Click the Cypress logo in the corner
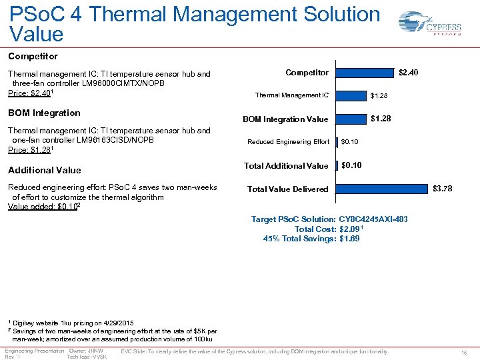(x=429, y=26)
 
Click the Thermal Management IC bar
(x=353, y=95)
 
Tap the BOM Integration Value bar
(x=353, y=119)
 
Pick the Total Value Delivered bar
(x=381, y=189)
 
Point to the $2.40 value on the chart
(x=408, y=72)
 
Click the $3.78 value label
(x=442, y=189)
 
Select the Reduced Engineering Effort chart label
(x=288, y=142)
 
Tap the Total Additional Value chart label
(x=286, y=165)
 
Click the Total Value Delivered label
(x=287, y=189)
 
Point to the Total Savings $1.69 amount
(x=349, y=238)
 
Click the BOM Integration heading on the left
(x=44, y=113)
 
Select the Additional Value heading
(x=44, y=170)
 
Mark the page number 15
(x=464, y=352)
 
